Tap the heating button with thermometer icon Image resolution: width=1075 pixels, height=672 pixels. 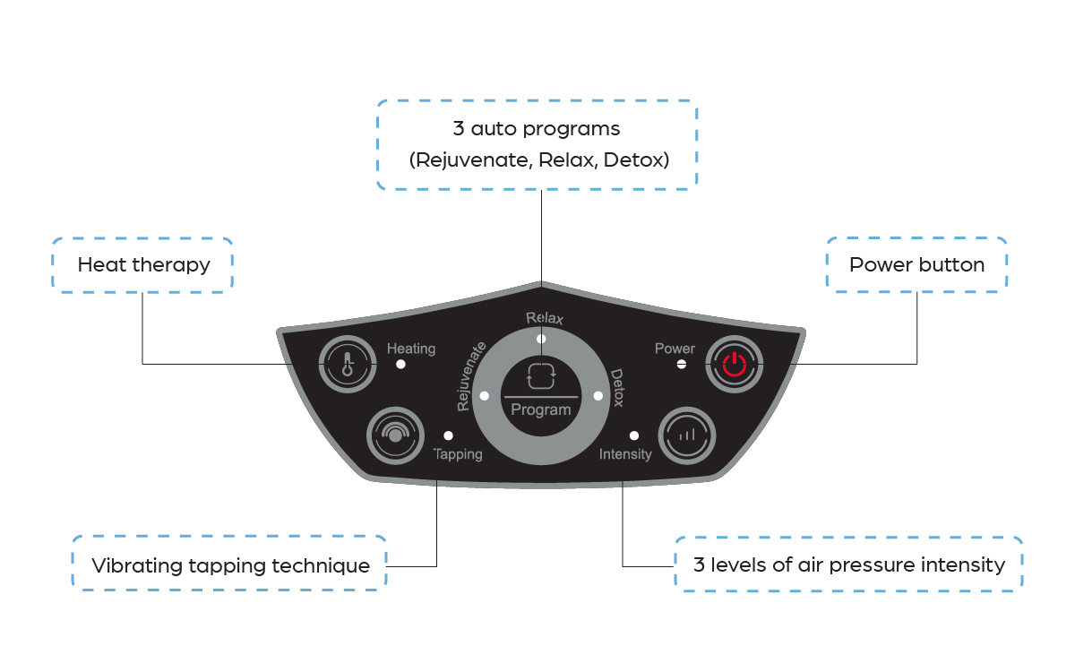(346, 364)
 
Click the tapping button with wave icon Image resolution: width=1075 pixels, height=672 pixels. (394, 435)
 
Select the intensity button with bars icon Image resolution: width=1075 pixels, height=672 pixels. (687, 435)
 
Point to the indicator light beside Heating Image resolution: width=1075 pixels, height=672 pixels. (400, 365)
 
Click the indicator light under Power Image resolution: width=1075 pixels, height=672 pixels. (681, 365)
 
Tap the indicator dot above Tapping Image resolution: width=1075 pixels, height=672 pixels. (448, 435)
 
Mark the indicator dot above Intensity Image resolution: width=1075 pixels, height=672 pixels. (633, 435)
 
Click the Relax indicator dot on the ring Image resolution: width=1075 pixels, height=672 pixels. (540, 339)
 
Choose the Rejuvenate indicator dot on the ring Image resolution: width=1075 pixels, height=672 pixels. (484, 395)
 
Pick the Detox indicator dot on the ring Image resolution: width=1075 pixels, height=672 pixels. (597, 395)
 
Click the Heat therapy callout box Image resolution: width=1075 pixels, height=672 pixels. (143, 265)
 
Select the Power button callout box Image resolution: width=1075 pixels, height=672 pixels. (916, 265)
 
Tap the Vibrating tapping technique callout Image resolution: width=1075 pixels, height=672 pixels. (229, 564)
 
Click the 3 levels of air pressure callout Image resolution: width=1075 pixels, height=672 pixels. (848, 564)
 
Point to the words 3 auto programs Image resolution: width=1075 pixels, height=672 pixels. (537, 129)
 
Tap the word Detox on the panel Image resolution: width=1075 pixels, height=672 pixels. (617, 388)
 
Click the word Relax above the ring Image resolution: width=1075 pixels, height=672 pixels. (545, 318)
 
